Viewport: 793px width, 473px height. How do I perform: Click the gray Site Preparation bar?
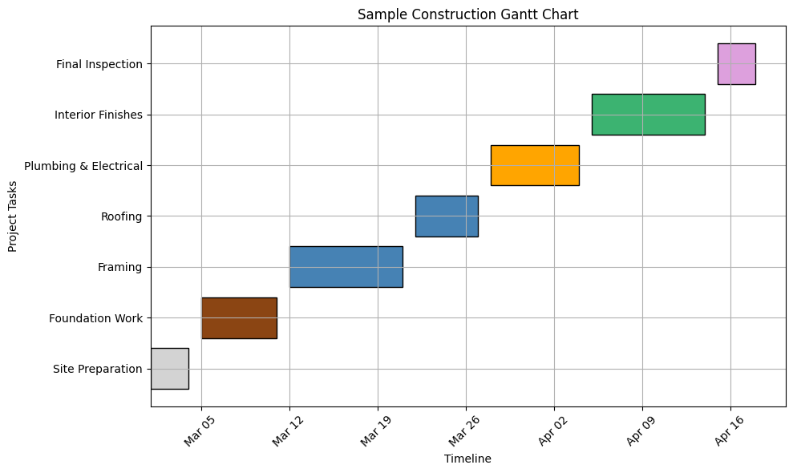click(170, 369)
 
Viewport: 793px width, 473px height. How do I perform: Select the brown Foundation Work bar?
click(239, 318)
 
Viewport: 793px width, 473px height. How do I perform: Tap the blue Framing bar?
click(346, 267)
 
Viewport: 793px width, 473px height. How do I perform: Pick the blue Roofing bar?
click(447, 216)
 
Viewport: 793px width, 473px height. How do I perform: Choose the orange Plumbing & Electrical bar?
click(535, 165)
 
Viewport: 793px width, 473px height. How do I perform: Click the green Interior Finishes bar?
click(648, 115)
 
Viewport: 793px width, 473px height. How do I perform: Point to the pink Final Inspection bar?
click(736, 64)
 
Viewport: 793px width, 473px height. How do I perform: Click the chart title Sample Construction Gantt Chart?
click(467, 14)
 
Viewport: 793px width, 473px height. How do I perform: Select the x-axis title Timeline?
click(467, 459)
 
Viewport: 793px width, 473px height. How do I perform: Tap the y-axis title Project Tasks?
click(13, 216)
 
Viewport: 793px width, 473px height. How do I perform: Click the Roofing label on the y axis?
click(121, 216)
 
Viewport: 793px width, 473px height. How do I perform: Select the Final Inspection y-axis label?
click(99, 64)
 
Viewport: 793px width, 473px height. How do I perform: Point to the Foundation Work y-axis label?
click(95, 318)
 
